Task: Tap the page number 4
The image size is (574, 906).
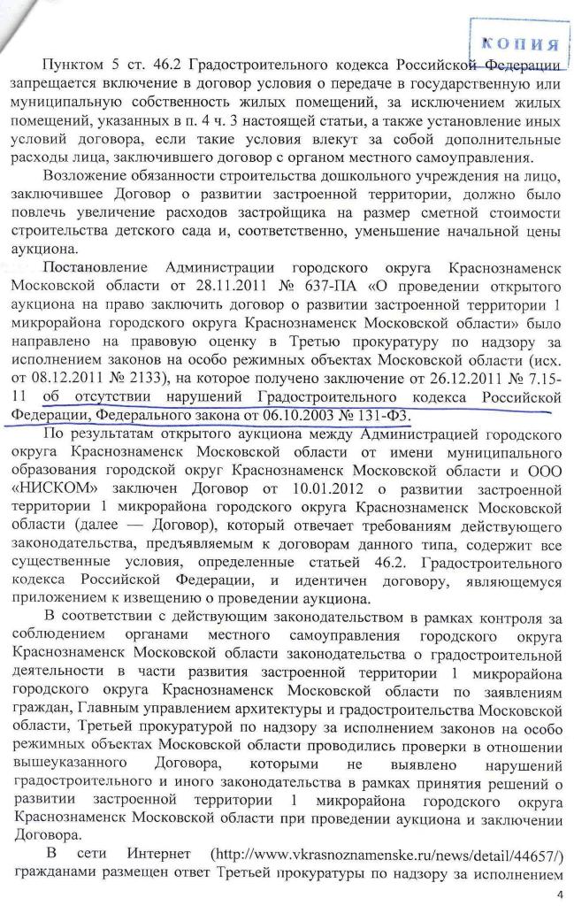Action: pyautogui.click(x=558, y=894)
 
